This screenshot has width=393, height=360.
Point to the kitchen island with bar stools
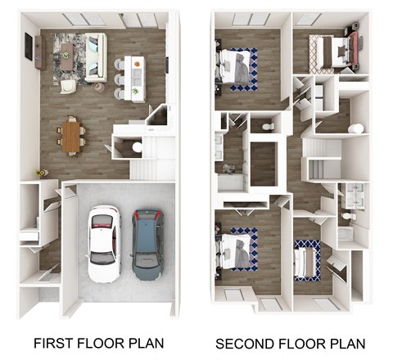(135, 78)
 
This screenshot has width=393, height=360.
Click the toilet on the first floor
(136, 147)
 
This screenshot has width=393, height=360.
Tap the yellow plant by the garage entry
(39, 173)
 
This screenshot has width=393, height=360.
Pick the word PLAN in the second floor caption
(347, 343)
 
